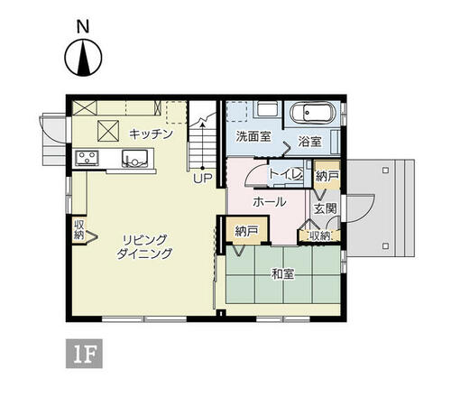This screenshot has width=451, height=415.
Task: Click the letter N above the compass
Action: click(x=83, y=27)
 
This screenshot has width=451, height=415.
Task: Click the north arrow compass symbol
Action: click(x=83, y=58)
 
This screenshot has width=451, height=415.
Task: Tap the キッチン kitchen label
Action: click(x=151, y=134)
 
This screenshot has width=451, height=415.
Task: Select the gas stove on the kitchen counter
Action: click(x=87, y=157)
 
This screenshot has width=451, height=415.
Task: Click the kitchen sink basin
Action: click(x=134, y=158)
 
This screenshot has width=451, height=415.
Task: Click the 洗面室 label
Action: click(x=253, y=136)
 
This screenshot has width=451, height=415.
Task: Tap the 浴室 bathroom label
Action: click(x=309, y=142)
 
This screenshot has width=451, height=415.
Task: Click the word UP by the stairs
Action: click(x=203, y=179)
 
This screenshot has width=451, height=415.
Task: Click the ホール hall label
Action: click(x=270, y=202)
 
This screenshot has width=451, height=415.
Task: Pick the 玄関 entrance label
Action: click(x=325, y=208)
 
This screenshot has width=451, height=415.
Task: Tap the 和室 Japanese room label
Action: click(x=282, y=274)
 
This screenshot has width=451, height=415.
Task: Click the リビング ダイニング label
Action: click(x=144, y=247)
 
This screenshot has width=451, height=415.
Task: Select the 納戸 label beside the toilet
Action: click(x=327, y=176)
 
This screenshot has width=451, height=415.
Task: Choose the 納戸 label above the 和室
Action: click(x=246, y=231)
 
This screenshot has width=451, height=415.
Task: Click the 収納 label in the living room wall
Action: click(x=79, y=229)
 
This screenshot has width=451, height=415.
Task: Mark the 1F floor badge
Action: click(x=84, y=354)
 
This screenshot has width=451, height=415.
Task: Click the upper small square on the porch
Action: click(x=385, y=171)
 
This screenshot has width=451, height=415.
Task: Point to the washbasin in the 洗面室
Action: click(x=267, y=110)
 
